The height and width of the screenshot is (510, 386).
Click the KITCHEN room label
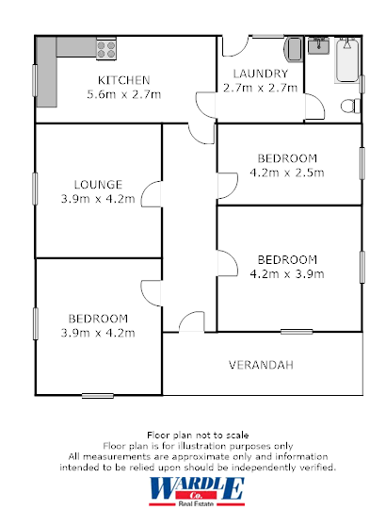tap(124, 80)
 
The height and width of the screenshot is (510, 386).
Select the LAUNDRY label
tap(260, 74)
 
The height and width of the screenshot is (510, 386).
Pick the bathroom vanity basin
tap(318, 44)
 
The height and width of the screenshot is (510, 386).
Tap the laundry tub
tap(293, 49)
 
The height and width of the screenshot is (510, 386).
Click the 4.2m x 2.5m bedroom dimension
tap(286, 173)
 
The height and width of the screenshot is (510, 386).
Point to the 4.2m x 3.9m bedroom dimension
tap(286, 273)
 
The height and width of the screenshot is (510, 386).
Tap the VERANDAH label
tap(262, 364)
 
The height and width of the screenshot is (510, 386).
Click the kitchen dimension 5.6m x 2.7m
tap(124, 94)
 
